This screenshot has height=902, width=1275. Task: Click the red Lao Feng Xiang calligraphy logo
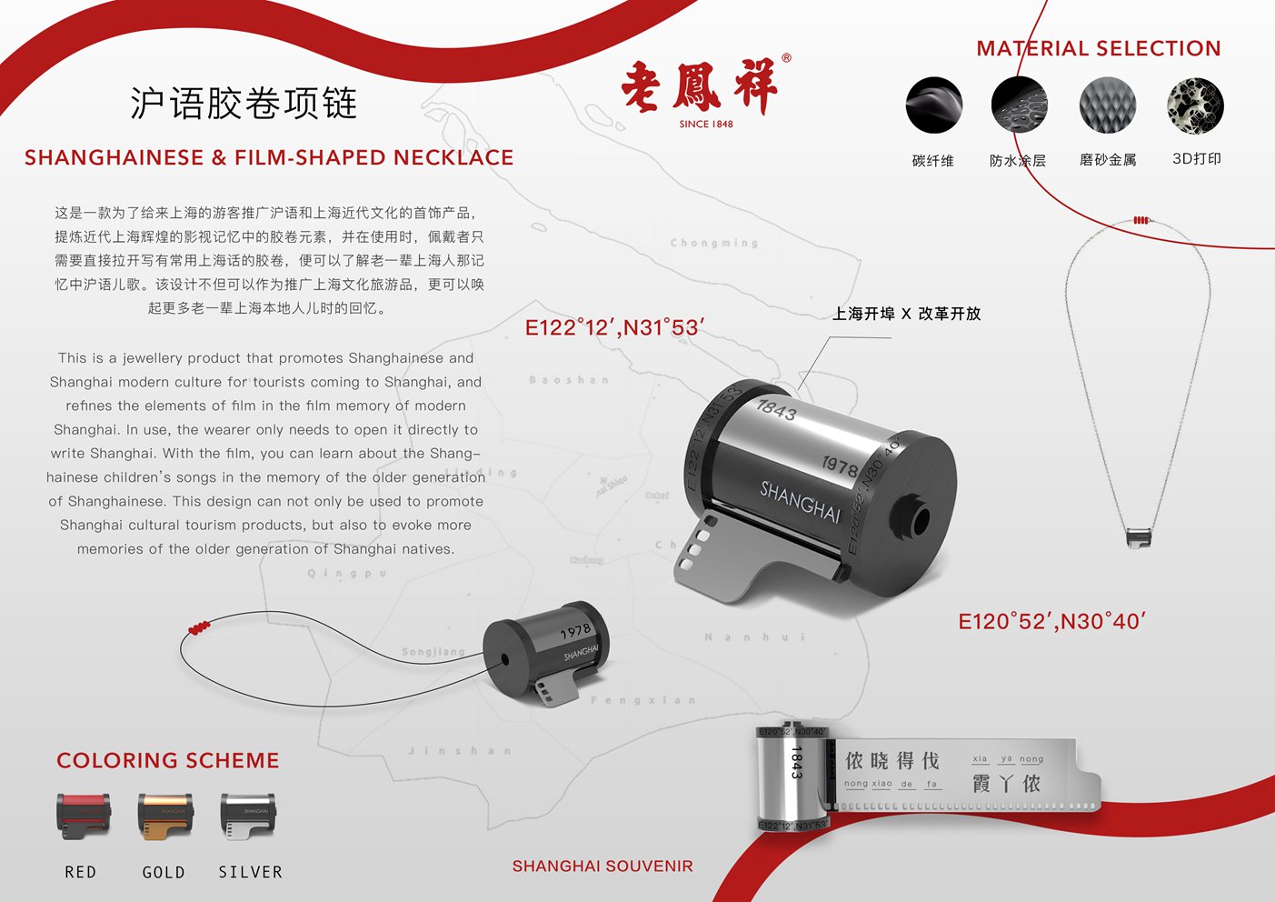(700, 87)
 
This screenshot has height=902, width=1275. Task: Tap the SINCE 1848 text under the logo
(706, 124)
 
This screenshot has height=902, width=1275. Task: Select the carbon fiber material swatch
(933, 105)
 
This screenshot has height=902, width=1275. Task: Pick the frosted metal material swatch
(1108, 105)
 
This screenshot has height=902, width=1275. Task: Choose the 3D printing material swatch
(1195, 105)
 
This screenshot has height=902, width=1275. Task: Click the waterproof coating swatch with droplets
(1019, 105)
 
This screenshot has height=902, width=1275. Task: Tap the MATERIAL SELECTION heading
(1098, 49)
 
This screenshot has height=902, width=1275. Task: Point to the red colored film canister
(84, 815)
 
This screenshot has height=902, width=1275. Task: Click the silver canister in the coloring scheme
(247, 816)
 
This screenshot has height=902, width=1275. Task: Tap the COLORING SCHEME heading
(168, 760)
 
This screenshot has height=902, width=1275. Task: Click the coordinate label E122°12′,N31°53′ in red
(615, 328)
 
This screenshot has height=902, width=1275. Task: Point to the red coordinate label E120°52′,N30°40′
(1051, 622)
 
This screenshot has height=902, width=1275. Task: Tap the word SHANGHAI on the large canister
(801, 501)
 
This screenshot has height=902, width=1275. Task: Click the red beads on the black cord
(199, 627)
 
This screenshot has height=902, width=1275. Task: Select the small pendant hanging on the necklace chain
(1139, 536)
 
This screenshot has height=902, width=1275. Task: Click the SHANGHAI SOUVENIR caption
(603, 866)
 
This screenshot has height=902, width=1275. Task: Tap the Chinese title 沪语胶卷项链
(244, 104)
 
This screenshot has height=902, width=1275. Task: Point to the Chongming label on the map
(713, 244)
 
